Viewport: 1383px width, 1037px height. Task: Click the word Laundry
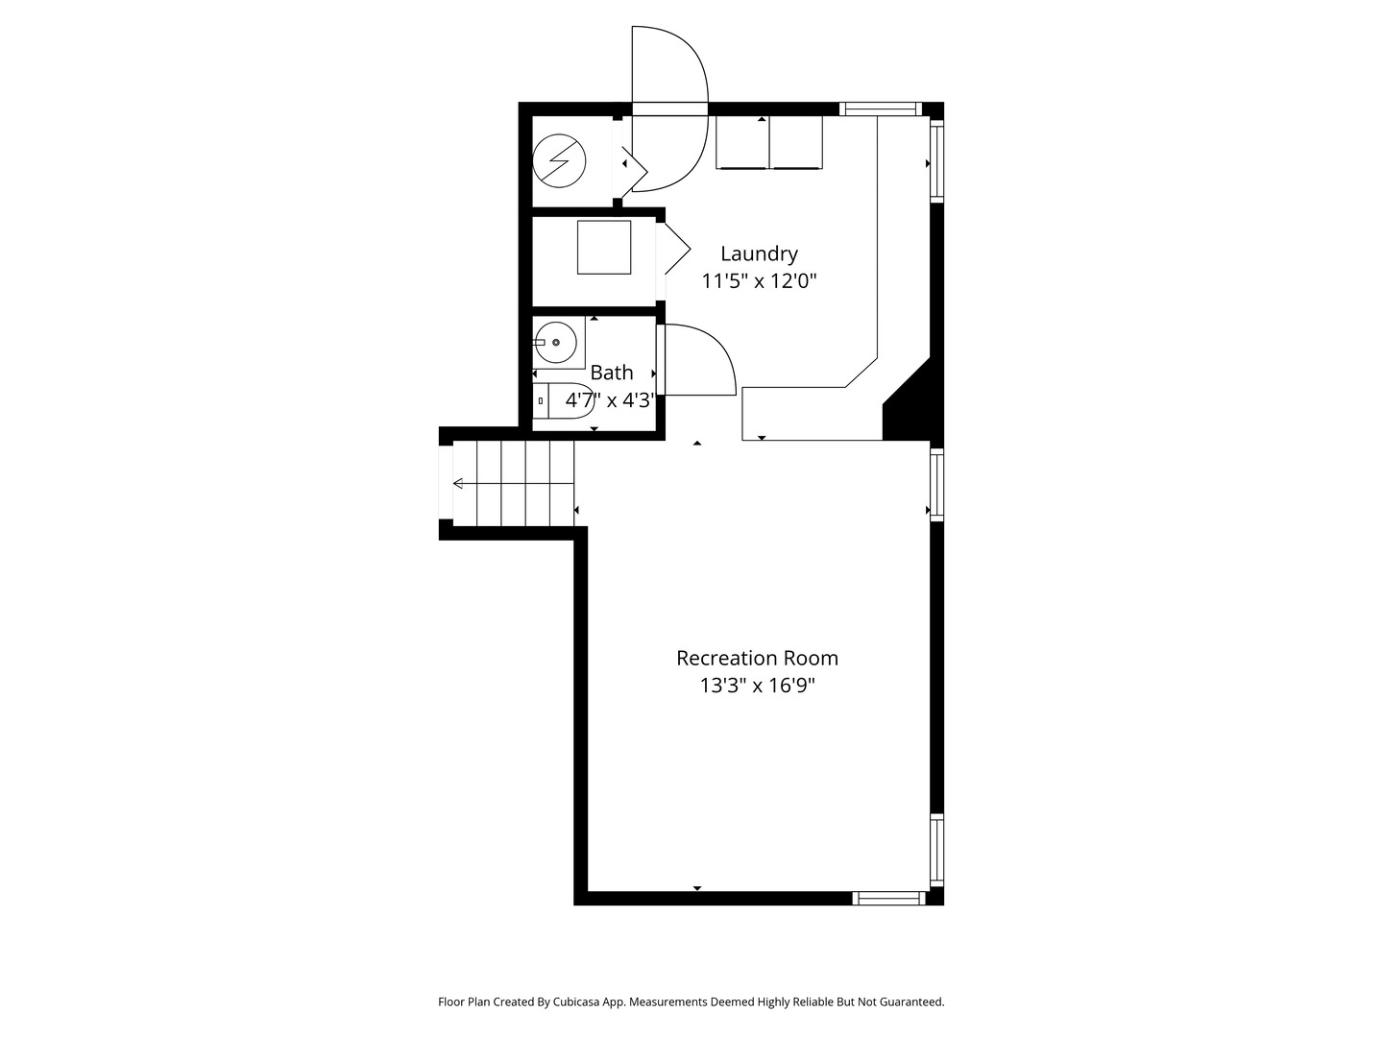759,254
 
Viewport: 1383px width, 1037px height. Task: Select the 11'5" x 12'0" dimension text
759,280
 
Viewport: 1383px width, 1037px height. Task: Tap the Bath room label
611,373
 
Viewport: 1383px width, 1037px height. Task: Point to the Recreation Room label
758,659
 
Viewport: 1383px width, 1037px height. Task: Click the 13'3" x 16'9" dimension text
758,686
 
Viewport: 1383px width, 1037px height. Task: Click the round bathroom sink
556,343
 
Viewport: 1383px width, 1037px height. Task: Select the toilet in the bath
564,400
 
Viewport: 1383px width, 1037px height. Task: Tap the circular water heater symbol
559,161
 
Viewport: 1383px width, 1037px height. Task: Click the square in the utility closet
604,248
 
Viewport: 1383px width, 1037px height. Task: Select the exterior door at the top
670,109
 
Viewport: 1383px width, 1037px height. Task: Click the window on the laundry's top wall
880,109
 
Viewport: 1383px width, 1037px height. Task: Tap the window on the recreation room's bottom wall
889,898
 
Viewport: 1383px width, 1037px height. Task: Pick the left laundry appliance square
742,142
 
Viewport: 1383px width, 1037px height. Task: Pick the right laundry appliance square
796,142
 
